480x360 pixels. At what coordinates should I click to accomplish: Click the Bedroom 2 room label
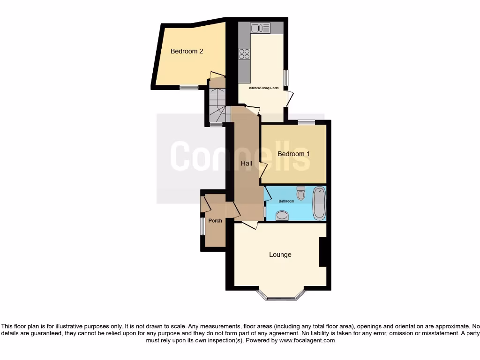pyautogui.click(x=187, y=51)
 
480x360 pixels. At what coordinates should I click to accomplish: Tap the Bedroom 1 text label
pyautogui.click(x=293, y=154)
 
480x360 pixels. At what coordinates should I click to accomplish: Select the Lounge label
pyautogui.click(x=280, y=255)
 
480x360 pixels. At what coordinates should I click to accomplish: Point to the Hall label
pyautogui.click(x=247, y=164)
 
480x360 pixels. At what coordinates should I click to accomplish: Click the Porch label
pyautogui.click(x=215, y=221)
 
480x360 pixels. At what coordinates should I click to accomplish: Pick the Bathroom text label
pyautogui.click(x=286, y=201)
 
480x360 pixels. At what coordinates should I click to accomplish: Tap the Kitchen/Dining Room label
pyautogui.click(x=264, y=88)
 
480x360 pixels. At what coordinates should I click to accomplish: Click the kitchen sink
pyautogui.click(x=261, y=28)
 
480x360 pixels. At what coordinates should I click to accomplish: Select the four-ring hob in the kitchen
pyautogui.click(x=244, y=54)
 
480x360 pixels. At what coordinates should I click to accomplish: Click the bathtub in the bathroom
pyautogui.click(x=319, y=203)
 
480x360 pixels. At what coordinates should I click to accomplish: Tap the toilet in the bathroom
pyautogui.click(x=300, y=193)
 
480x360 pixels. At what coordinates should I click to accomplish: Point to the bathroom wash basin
pyautogui.click(x=282, y=215)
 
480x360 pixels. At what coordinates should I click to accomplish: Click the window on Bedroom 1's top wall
pyautogui.click(x=306, y=123)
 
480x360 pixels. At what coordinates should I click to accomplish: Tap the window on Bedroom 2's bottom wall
pyautogui.click(x=189, y=87)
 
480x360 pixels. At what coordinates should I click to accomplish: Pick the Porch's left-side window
pyautogui.click(x=202, y=226)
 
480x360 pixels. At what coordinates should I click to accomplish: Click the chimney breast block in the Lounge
pyautogui.click(x=322, y=252)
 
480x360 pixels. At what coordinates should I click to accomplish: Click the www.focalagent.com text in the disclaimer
pyautogui.click(x=307, y=340)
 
